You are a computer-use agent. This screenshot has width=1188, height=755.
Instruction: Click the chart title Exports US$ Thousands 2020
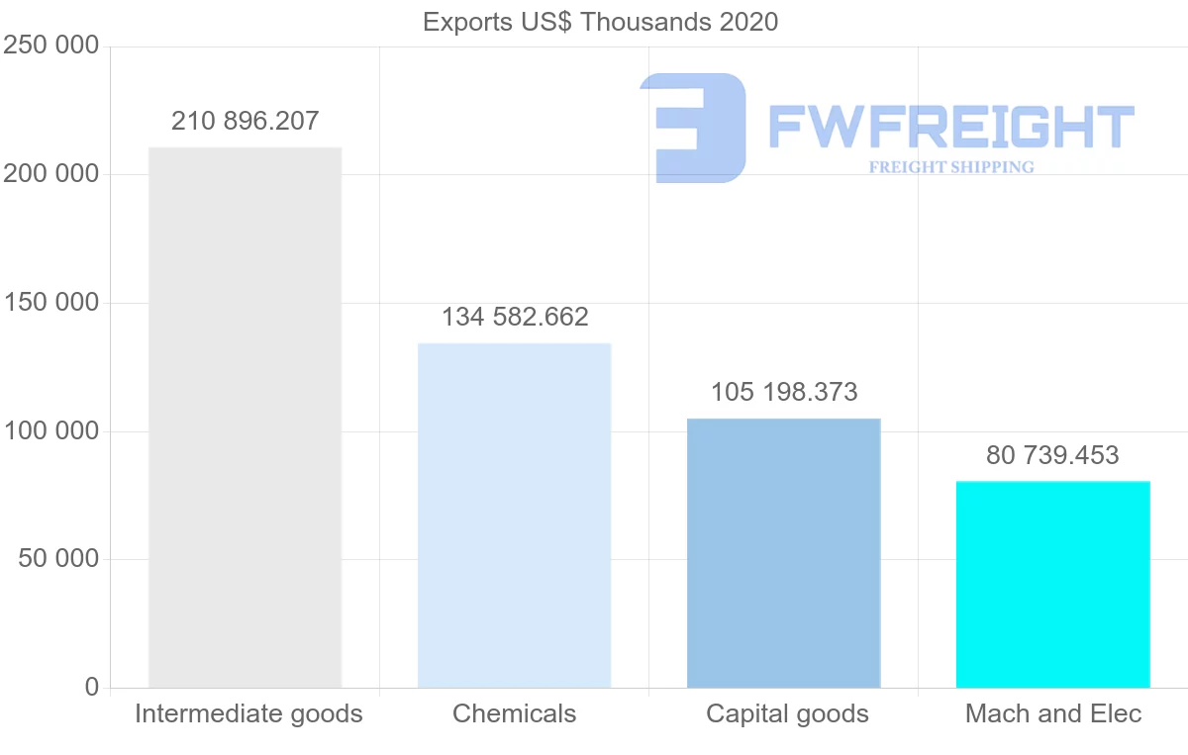[600, 22]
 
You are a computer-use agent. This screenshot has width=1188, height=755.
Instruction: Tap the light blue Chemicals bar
[514, 515]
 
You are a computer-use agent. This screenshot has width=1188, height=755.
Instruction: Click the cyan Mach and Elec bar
[1052, 584]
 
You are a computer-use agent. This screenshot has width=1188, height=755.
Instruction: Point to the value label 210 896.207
[246, 122]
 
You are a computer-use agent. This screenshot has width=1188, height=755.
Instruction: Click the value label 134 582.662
[515, 318]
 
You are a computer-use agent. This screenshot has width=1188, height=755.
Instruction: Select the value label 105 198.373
[784, 393]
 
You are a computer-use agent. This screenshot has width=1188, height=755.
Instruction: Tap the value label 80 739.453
[1052, 456]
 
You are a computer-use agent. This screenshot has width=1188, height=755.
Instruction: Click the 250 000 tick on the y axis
[51, 47]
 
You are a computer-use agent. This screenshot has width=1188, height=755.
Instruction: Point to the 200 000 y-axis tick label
[51, 174]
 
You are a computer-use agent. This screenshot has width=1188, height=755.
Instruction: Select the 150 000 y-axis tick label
[51, 303]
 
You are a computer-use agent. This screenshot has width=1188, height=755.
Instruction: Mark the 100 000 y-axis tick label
[51, 431]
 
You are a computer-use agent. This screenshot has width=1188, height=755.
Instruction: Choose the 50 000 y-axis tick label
[58, 559]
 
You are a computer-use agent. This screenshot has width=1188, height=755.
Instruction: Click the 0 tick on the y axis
[92, 687]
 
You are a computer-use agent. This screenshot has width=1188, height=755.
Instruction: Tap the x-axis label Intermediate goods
[248, 714]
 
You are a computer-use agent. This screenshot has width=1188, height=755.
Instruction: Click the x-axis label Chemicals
[514, 714]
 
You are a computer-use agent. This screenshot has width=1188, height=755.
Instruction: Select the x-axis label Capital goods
[787, 714]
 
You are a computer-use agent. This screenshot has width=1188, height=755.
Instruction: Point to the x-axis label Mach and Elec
[1053, 714]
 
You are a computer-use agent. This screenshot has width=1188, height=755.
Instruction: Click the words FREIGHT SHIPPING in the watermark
[951, 167]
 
